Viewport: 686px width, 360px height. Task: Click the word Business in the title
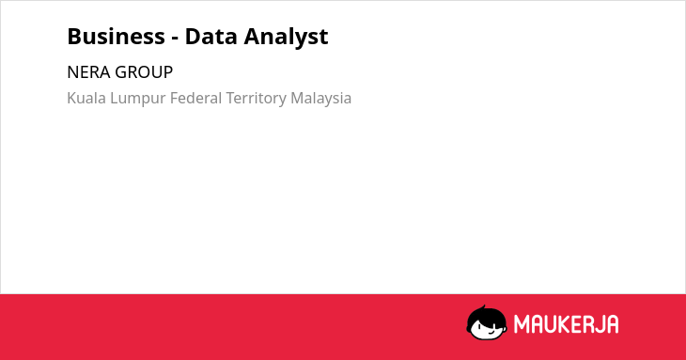(116, 36)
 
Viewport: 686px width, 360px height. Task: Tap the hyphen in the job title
(175, 38)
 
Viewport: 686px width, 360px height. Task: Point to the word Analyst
(286, 37)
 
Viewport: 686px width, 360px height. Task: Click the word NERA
(89, 72)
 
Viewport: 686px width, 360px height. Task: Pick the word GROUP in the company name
(144, 72)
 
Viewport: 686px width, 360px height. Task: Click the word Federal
(196, 98)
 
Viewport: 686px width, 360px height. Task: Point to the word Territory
(257, 99)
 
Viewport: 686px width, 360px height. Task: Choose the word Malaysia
(321, 99)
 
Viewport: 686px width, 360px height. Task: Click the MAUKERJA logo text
(566, 324)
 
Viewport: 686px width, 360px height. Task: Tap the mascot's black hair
(486, 315)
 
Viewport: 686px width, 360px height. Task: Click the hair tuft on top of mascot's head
(483, 307)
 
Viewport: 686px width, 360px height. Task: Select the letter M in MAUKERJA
(521, 324)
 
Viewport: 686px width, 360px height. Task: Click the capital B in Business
(74, 37)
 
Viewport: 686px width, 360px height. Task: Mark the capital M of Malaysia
(298, 98)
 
